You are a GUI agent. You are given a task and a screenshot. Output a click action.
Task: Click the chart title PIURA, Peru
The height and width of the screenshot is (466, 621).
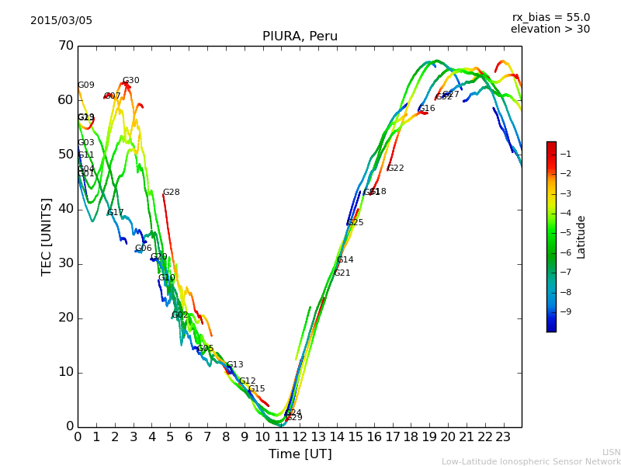coord(300,37)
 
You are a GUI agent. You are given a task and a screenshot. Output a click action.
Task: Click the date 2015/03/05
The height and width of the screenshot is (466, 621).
coord(61,21)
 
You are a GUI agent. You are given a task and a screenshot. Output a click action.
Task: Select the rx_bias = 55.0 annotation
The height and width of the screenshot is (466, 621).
coord(550,17)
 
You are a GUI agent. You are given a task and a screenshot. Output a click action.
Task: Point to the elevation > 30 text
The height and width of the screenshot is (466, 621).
coord(550,30)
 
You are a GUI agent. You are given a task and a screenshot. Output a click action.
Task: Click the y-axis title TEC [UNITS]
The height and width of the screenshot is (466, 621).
coord(47,236)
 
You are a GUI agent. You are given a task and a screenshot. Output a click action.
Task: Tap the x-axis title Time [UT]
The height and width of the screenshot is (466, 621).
coord(300,454)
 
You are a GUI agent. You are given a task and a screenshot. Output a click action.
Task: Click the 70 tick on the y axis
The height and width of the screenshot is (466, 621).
coord(65,46)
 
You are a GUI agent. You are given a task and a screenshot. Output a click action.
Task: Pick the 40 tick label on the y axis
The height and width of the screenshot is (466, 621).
coord(65,209)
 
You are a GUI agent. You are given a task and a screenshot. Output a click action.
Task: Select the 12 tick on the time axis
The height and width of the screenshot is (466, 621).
coord(300,436)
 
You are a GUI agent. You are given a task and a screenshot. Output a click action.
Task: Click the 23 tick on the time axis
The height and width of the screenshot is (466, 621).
coord(503,436)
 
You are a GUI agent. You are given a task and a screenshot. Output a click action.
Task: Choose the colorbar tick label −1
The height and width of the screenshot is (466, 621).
coord(564,154)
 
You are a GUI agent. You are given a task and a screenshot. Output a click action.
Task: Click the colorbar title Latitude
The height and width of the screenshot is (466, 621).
coord(581,237)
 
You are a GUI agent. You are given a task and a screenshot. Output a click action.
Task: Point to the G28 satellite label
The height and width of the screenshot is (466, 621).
coord(171,193)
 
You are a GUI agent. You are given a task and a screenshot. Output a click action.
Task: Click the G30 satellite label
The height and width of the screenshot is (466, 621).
coord(131,81)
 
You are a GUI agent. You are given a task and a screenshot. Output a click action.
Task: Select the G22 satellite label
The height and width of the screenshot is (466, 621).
coord(396,169)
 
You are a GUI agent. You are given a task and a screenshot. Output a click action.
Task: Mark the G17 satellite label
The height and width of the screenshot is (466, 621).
coord(116,213)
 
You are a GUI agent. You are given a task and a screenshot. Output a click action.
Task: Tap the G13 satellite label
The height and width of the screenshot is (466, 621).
coord(235,365)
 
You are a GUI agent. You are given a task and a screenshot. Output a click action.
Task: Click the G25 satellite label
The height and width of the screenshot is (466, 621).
coord(356,223)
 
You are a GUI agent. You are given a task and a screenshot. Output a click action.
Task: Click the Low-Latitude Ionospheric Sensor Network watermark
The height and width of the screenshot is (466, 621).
coord(531,461)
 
